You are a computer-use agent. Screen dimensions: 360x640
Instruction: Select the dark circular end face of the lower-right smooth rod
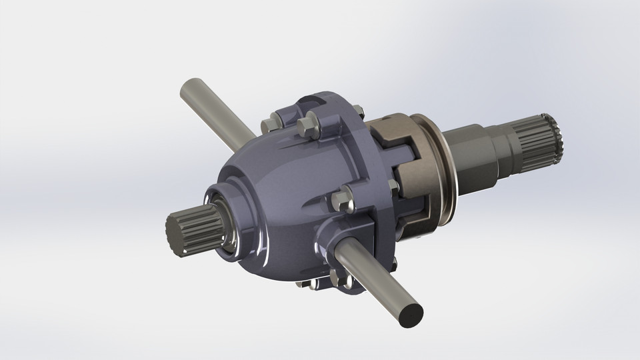point(407,313)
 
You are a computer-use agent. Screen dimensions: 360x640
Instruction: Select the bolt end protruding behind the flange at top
point(360,111)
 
